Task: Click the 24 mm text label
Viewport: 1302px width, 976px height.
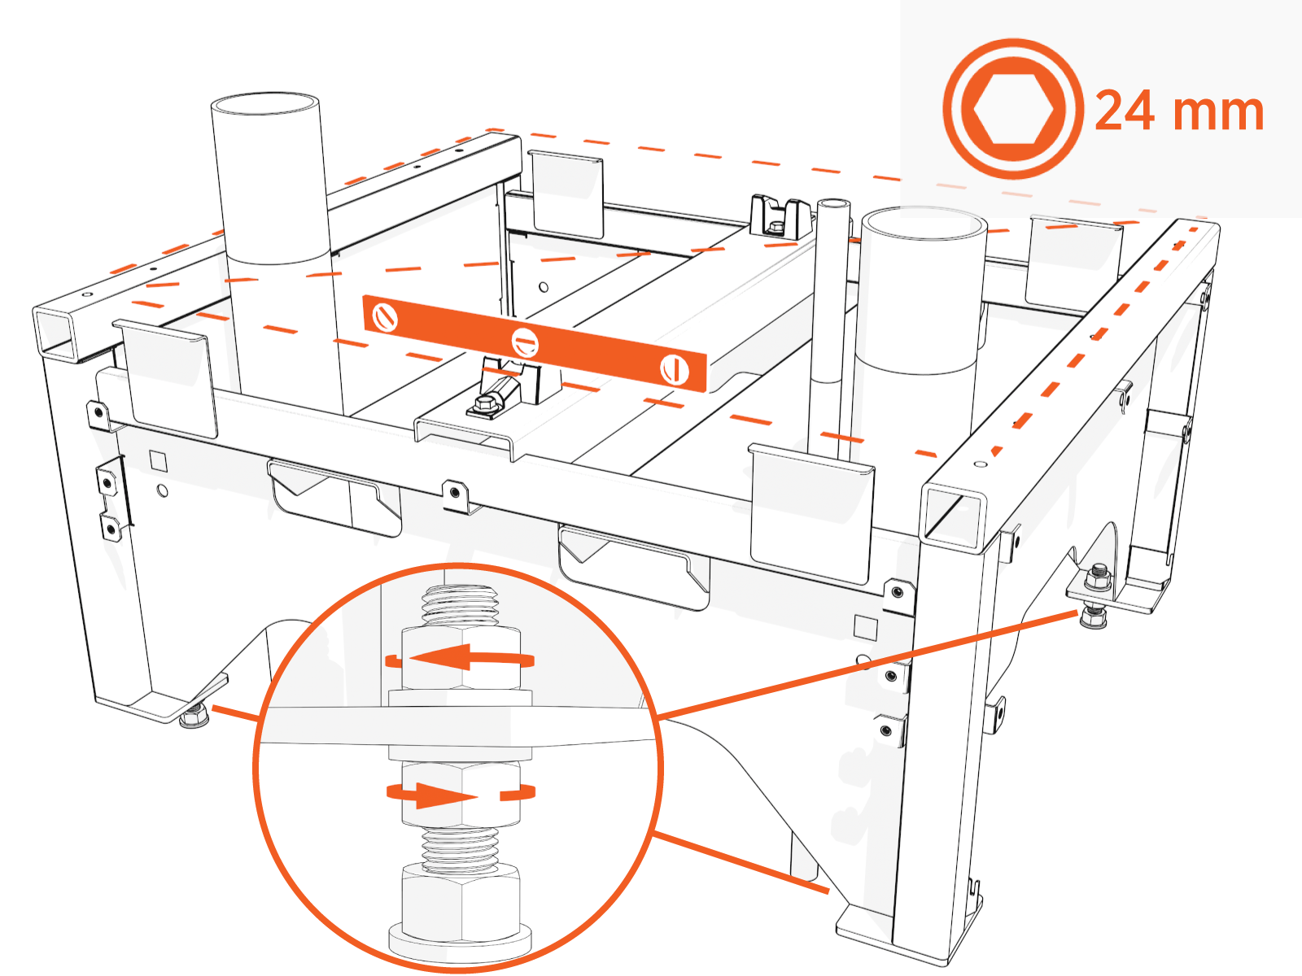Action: (x=1179, y=111)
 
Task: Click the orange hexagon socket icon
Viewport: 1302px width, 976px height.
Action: (x=1013, y=109)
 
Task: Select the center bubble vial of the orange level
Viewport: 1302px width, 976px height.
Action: (x=525, y=342)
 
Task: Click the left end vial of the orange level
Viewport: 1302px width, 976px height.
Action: (x=385, y=316)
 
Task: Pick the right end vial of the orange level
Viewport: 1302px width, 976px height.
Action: (x=674, y=370)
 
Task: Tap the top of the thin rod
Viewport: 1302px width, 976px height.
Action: (x=833, y=203)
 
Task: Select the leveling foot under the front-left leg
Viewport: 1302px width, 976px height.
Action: (x=194, y=717)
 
